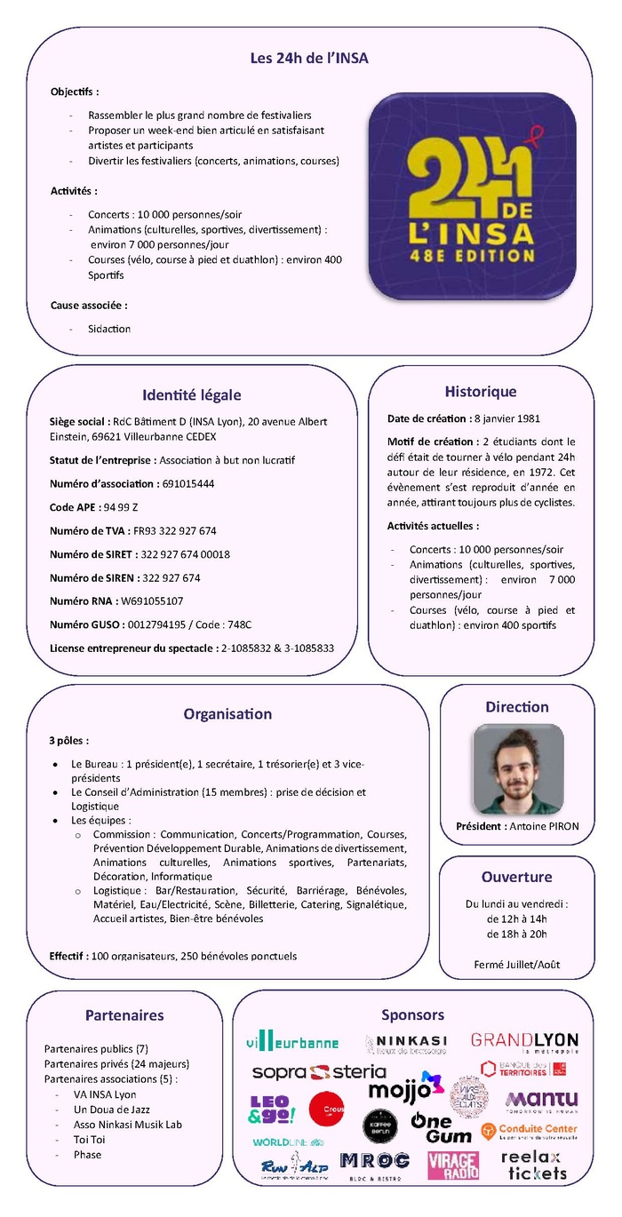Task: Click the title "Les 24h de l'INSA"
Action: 308,59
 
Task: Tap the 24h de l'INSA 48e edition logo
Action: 472,196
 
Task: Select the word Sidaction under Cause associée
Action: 109,329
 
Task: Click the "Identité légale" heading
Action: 191,395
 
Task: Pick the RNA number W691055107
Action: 152,601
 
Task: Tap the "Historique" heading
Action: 480,392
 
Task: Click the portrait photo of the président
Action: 517,769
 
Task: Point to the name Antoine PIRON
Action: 544,826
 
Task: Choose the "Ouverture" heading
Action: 516,877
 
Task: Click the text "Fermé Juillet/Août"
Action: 516,965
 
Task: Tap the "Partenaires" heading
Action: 124,1014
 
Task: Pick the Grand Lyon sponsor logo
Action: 524,1041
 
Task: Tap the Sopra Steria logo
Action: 318,1072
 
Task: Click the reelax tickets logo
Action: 533,1165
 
